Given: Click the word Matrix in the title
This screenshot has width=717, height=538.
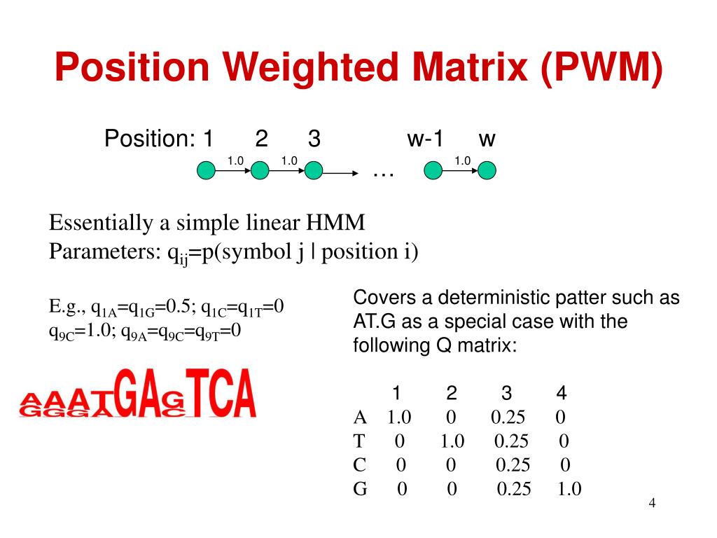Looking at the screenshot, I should click(x=461, y=68).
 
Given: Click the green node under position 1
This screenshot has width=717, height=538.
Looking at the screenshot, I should click(x=206, y=170).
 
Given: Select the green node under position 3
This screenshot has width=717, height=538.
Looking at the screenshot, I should click(x=314, y=170).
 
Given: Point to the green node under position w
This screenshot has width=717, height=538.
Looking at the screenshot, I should click(x=487, y=170).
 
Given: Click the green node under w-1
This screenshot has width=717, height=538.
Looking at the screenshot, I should click(x=433, y=170).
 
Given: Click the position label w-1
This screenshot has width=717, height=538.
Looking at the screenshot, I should click(x=425, y=139).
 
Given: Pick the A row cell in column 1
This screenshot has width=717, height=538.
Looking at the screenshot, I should click(x=398, y=418).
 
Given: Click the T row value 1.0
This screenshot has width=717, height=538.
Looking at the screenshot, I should click(x=452, y=441).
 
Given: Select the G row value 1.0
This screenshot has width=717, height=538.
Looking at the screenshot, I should click(x=569, y=489).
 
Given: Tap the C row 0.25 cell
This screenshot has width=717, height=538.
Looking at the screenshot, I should click(x=513, y=465).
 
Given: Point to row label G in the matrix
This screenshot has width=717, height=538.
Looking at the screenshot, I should click(x=361, y=489).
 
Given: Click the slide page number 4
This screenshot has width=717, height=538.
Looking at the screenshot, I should click(x=652, y=504).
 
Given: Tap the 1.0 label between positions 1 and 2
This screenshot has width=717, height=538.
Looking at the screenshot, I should click(x=235, y=161).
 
